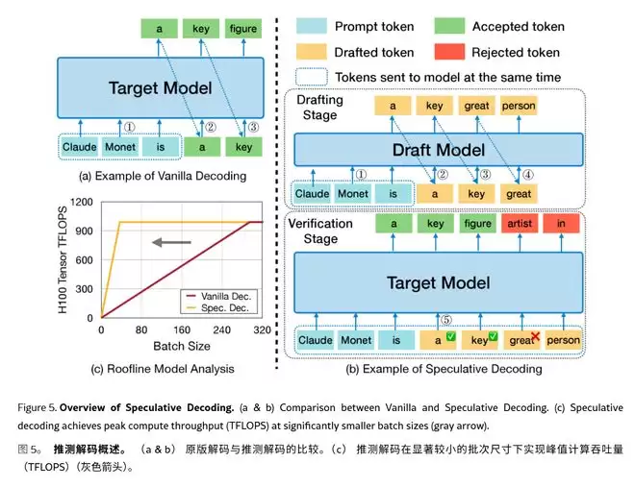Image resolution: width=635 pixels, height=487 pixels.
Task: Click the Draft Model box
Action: click(x=438, y=150)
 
